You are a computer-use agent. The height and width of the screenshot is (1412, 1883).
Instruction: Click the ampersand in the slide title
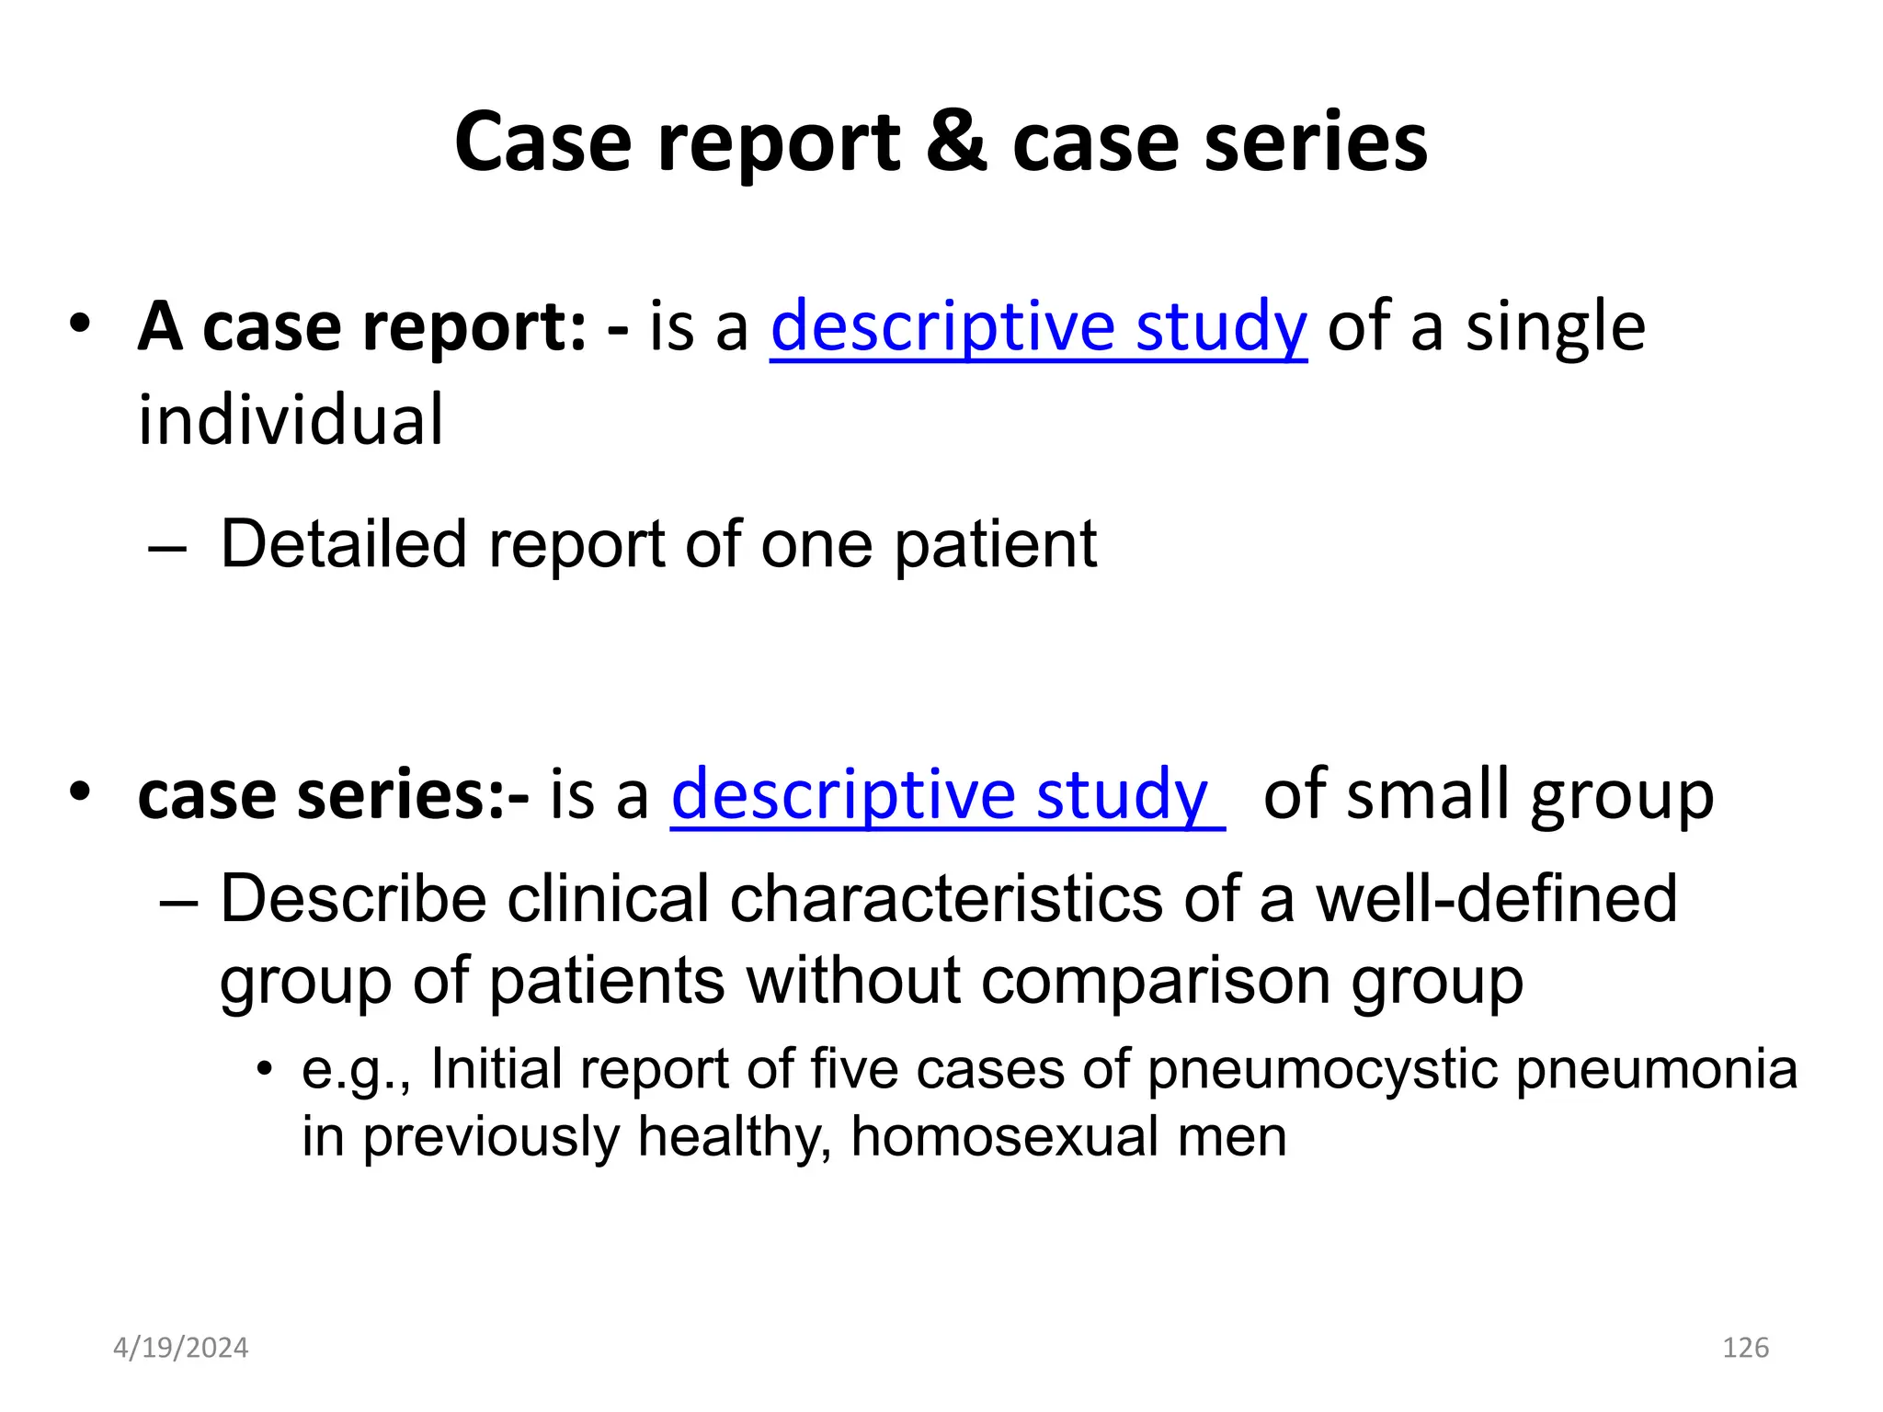(x=956, y=142)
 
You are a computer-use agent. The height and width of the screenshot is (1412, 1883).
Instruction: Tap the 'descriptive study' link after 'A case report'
(x=1038, y=326)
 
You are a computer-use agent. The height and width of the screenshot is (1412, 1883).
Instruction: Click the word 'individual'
(x=291, y=419)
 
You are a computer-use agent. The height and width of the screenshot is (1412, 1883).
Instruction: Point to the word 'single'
(x=1555, y=326)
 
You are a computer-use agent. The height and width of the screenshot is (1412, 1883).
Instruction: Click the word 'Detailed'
(x=344, y=544)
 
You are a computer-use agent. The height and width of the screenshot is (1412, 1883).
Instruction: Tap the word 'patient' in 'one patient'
(x=996, y=544)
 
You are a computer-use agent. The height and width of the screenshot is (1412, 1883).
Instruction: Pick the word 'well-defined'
(x=1497, y=898)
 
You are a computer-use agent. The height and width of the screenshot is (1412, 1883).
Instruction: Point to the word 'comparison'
(x=1156, y=980)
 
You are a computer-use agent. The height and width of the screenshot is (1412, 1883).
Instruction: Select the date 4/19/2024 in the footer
(x=180, y=1348)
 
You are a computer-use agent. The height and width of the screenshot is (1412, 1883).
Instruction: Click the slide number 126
(x=1745, y=1348)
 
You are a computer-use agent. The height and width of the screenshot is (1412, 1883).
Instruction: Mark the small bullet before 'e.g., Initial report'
(x=265, y=1068)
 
